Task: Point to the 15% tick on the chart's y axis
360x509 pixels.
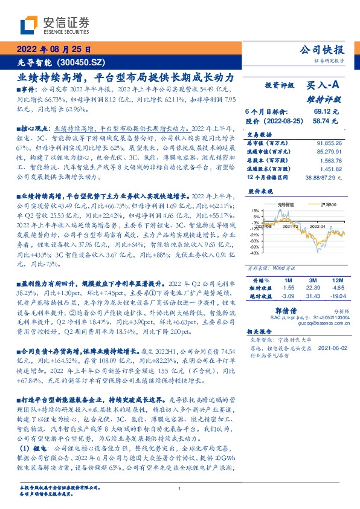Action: click(256, 210)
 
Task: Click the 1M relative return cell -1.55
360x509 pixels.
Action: click(288, 289)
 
